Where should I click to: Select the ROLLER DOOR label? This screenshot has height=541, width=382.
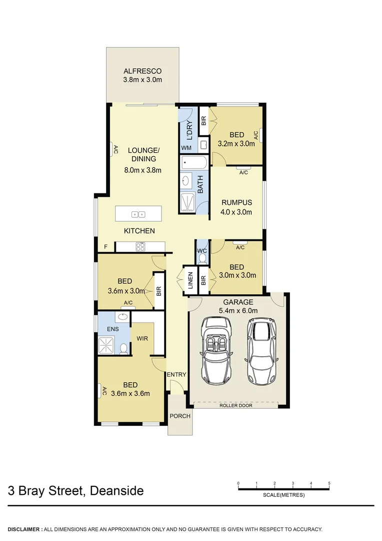(235, 405)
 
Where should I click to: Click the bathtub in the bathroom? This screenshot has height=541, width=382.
(194, 162)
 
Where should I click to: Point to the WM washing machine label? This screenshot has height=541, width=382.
(186, 148)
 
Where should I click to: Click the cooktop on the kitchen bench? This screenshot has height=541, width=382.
(140, 246)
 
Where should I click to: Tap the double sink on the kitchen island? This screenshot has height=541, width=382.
(138, 214)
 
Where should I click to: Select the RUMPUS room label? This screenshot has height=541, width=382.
(236, 203)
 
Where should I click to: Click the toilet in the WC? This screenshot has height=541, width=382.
(202, 258)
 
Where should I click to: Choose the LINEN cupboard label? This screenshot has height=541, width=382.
(190, 281)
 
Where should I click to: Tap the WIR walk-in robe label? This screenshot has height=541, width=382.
(143, 338)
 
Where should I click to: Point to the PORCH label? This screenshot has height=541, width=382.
(179, 416)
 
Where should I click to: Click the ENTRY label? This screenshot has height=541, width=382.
(176, 375)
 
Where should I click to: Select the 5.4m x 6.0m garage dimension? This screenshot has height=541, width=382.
(238, 311)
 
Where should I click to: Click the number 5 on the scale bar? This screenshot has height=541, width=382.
(329, 483)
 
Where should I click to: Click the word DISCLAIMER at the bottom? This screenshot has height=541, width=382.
(24, 529)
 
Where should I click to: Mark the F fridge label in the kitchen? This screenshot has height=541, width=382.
(105, 246)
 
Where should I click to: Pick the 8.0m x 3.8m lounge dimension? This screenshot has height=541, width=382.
(142, 170)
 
